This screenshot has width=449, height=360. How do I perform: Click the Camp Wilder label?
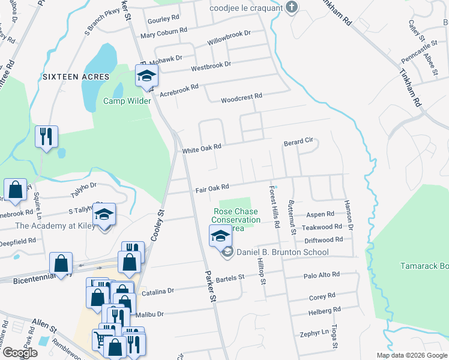click(x=127, y=101)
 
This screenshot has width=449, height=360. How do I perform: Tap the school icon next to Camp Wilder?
click(x=146, y=76)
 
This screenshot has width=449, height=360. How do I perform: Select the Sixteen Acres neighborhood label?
click(x=76, y=77)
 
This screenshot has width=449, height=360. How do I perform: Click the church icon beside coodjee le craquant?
click(x=292, y=8)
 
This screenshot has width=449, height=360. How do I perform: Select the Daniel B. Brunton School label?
click(x=282, y=252)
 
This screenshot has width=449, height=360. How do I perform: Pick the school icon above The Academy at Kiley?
click(x=104, y=214)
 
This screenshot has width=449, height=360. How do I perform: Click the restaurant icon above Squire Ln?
click(x=46, y=136)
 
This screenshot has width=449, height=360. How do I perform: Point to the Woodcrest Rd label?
click(x=241, y=97)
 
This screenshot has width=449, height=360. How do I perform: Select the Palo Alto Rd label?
click(x=322, y=275)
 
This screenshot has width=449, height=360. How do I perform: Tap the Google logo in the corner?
click(x=20, y=352)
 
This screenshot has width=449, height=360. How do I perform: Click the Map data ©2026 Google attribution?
click(x=412, y=355)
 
